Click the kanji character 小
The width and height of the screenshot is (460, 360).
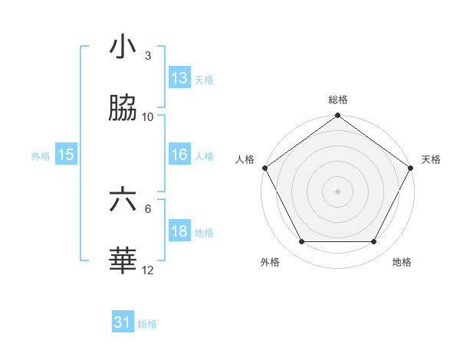(123, 48)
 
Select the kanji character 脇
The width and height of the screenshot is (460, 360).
(123, 110)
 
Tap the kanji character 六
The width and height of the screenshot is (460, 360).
(123, 201)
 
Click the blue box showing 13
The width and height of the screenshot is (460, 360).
(179, 78)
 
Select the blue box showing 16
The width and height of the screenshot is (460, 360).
(179, 155)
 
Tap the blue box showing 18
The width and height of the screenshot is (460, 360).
(179, 231)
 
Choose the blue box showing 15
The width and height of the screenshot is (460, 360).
(65, 155)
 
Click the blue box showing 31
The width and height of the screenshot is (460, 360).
(122, 323)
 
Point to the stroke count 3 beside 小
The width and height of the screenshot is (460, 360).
(147, 55)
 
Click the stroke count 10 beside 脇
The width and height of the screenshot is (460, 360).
(148, 116)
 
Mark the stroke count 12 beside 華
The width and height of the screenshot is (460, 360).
(148, 270)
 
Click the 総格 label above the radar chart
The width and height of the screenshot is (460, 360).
(337, 100)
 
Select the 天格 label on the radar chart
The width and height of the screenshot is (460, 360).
(431, 159)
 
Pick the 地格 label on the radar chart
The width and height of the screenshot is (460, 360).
(402, 262)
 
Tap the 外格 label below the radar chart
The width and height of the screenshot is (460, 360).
(270, 262)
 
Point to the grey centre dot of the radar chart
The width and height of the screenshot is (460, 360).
(337, 191)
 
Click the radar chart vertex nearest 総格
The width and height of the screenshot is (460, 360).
(337, 116)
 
